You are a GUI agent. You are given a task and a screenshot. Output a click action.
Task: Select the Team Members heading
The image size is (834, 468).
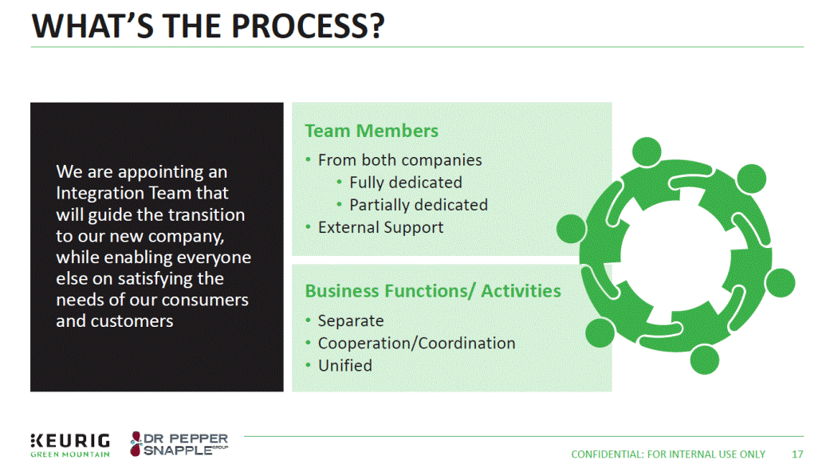[371, 131]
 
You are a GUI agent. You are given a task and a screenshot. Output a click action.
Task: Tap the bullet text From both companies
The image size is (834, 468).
[399, 160]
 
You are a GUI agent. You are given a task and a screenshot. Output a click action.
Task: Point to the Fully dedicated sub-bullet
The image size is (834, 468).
[405, 183]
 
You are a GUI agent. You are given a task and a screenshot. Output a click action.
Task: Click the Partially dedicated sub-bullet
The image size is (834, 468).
[418, 205]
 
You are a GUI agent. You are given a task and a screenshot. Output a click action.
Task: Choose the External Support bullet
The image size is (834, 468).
[380, 227]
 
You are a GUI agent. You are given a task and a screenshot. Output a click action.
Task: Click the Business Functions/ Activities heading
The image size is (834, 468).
[433, 291]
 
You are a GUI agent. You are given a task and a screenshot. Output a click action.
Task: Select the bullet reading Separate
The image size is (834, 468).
[350, 321]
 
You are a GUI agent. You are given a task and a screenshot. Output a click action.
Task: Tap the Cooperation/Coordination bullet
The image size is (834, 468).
[416, 343]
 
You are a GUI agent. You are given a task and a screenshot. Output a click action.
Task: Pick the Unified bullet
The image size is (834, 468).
[344, 365]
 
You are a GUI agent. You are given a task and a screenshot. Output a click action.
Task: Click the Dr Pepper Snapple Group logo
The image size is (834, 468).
[179, 444]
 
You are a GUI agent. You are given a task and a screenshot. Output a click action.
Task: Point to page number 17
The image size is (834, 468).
[797, 454]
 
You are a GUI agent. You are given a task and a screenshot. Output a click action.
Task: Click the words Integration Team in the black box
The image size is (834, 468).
[142, 193]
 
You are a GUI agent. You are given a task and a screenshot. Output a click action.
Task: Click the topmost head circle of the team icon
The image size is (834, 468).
[647, 152]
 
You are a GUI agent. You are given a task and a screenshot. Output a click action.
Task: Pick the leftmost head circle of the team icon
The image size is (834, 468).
[570, 229]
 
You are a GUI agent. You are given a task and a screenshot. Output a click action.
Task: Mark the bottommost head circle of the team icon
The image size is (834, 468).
[705, 360]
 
